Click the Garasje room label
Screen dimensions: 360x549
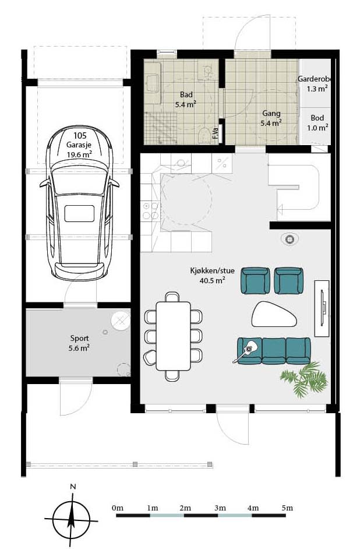click(79, 145)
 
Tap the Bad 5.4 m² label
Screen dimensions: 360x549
click(186, 99)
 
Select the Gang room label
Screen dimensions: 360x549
click(271, 113)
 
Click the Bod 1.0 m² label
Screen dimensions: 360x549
click(317, 122)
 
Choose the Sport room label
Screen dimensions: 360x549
click(79, 338)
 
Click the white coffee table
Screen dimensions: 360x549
click(274, 314)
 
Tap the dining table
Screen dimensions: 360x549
click(173, 336)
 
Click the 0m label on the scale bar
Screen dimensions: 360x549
click(118, 508)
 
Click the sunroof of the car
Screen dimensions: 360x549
click(79, 213)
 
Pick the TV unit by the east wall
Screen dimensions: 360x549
click(322, 308)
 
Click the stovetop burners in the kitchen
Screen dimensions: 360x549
click(150, 211)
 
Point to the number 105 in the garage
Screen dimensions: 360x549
click(80, 135)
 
